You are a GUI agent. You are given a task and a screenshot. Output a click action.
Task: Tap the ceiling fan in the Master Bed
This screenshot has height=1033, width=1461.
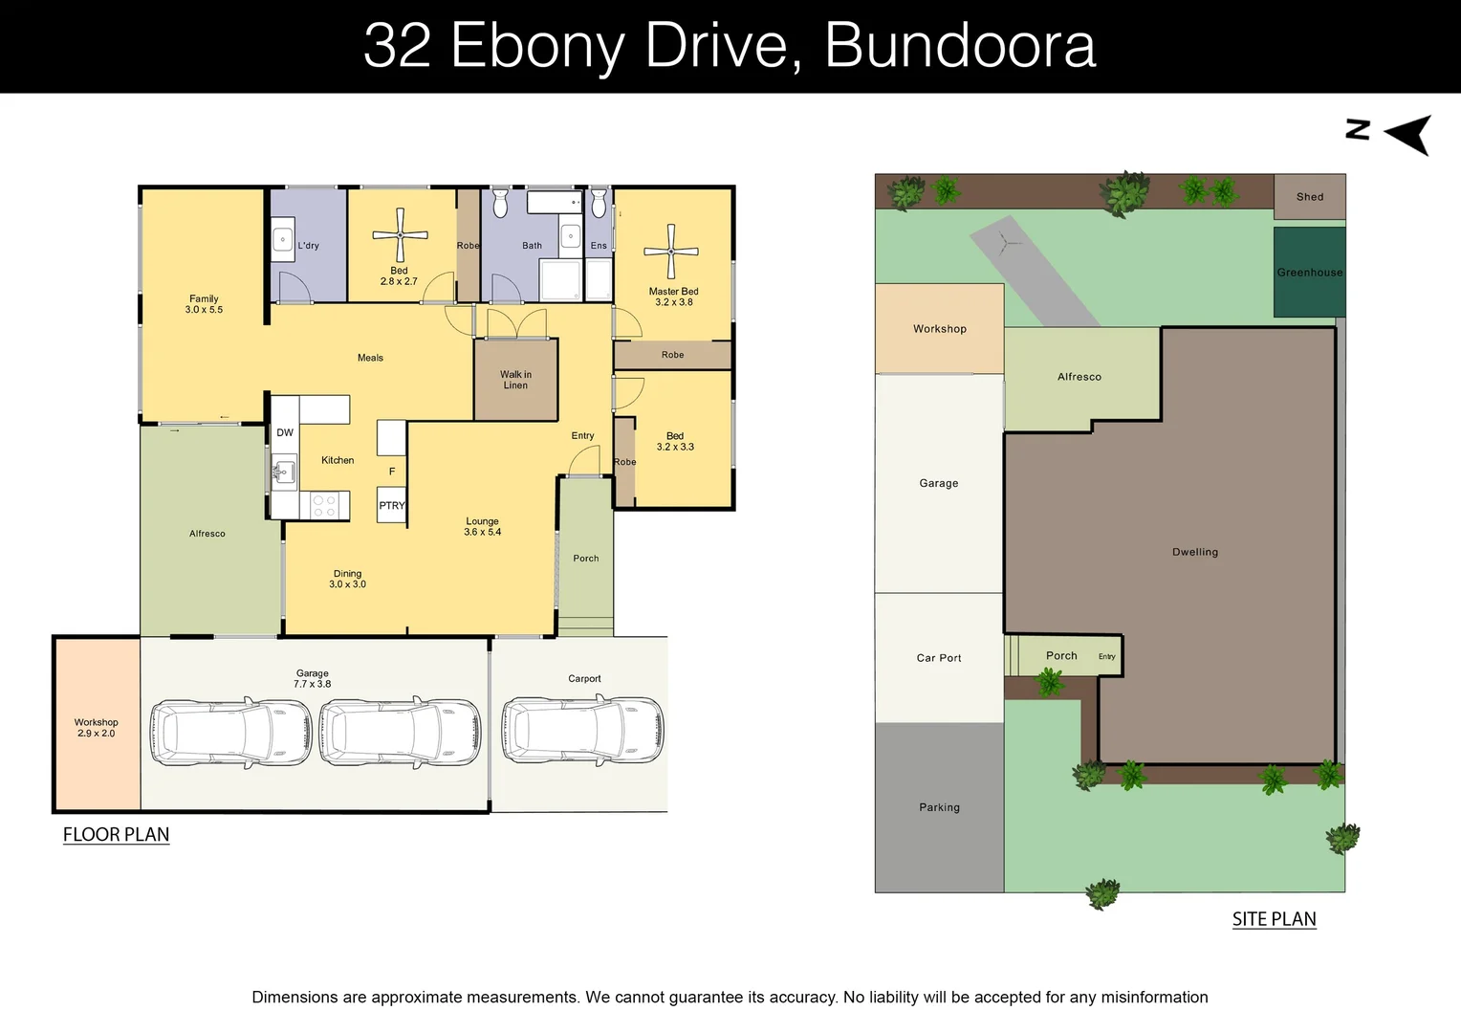point(671,251)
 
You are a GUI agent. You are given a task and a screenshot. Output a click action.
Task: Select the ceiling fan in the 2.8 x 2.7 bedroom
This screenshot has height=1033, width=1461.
point(400,234)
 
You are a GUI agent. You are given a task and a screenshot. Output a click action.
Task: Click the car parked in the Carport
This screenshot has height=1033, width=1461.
point(583,731)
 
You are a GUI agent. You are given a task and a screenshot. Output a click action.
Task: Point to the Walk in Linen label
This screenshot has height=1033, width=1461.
point(515,380)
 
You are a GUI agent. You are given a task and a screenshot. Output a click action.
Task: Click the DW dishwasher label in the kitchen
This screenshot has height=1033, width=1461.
point(285,432)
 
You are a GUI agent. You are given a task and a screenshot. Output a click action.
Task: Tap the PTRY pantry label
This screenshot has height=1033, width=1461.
point(392,506)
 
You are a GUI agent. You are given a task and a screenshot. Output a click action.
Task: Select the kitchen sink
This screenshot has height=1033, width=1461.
point(284,472)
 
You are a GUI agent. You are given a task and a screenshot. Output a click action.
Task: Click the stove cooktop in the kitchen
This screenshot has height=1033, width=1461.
point(324,505)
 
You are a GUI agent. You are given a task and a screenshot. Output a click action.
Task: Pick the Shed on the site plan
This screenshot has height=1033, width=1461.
point(1309,197)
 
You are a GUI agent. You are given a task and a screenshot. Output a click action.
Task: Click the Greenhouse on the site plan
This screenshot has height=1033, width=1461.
point(1309,273)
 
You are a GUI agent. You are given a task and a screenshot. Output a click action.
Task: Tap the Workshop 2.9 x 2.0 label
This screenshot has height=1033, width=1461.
point(96,728)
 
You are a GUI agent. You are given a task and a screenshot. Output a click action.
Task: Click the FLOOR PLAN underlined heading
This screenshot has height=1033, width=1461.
point(116,834)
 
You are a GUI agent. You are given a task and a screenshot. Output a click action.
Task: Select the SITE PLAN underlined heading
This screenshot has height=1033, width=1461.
point(1274,919)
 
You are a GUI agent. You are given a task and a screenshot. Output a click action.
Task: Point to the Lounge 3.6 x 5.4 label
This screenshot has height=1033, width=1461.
point(482,527)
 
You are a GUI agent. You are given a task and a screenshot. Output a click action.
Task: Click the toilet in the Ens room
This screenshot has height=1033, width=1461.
point(599,203)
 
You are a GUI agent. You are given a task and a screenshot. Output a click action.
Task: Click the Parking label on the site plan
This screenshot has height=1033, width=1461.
point(939,807)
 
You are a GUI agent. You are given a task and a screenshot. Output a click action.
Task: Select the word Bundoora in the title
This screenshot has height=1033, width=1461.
point(960,45)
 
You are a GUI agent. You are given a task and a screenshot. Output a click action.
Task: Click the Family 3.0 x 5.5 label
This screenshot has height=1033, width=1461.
point(204,304)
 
